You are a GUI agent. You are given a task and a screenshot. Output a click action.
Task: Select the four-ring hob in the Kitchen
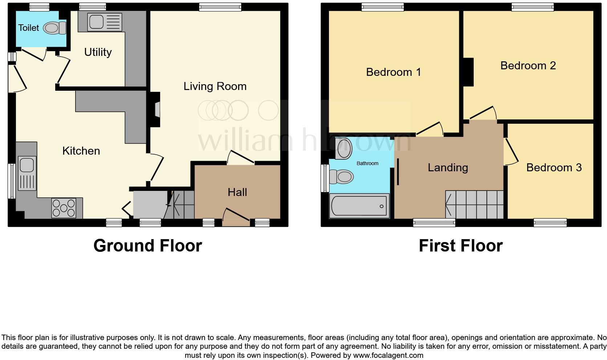tap(64, 208)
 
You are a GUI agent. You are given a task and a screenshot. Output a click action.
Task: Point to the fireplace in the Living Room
tap(155, 109)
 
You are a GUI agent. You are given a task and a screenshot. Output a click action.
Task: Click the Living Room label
tap(215, 86)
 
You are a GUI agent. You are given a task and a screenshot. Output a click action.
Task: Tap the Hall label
tap(237, 192)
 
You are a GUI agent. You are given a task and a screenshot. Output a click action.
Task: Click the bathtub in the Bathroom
tap(359, 206)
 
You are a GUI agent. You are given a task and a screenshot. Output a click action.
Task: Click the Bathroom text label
tap(367, 163)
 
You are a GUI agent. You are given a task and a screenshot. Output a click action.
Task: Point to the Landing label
tap(448, 167)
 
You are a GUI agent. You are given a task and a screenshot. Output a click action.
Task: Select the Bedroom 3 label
tap(554, 167)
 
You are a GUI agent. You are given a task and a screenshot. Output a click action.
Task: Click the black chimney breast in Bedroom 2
tap(469, 72)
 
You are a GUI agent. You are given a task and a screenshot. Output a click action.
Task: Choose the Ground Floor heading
tap(148, 246)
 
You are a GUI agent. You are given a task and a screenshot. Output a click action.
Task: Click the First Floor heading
tap(461, 246)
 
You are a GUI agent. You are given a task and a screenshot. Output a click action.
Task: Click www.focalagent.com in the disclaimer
tap(388, 355)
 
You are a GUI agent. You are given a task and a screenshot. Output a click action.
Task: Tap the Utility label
tap(98, 52)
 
